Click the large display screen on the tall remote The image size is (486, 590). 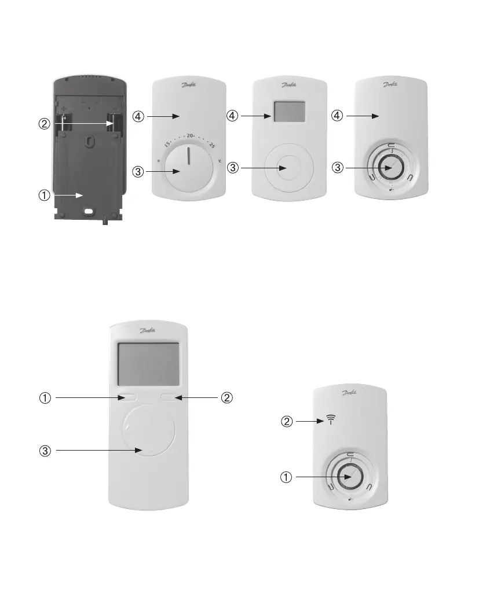(x=148, y=364)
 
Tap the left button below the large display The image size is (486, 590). (x=127, y=397)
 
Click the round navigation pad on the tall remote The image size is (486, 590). (x=148, y=431)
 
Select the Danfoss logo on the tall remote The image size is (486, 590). (x=148, y=331)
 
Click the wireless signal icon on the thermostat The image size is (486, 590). (x=331, y=419)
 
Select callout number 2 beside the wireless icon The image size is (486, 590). (x=287, y=422)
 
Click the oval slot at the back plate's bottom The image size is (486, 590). (x=89, y=212)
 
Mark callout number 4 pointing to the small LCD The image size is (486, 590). (x=233, y=116)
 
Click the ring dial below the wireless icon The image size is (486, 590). (x=350, y=477)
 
